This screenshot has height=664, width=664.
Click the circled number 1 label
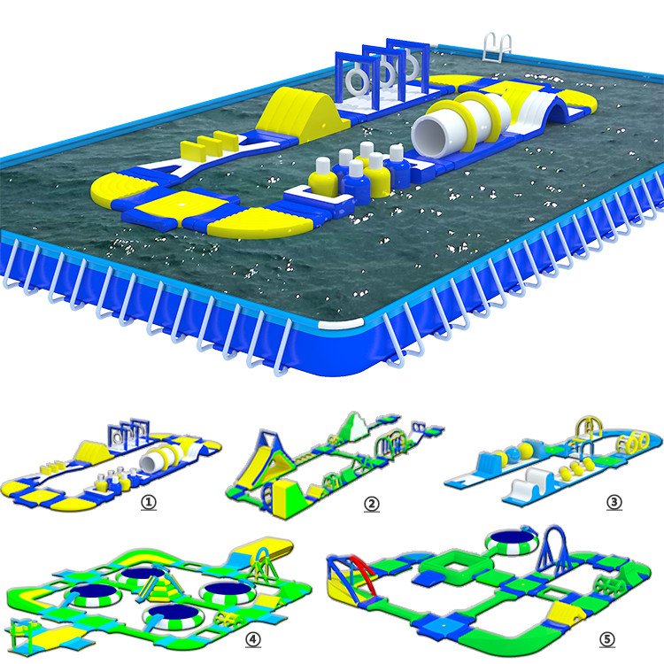tap(149, 501)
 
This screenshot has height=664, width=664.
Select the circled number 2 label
tap(372, 503)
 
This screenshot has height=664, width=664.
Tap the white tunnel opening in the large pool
tap(434, 134)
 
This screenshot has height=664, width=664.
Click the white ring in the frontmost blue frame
tap(354, 81)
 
